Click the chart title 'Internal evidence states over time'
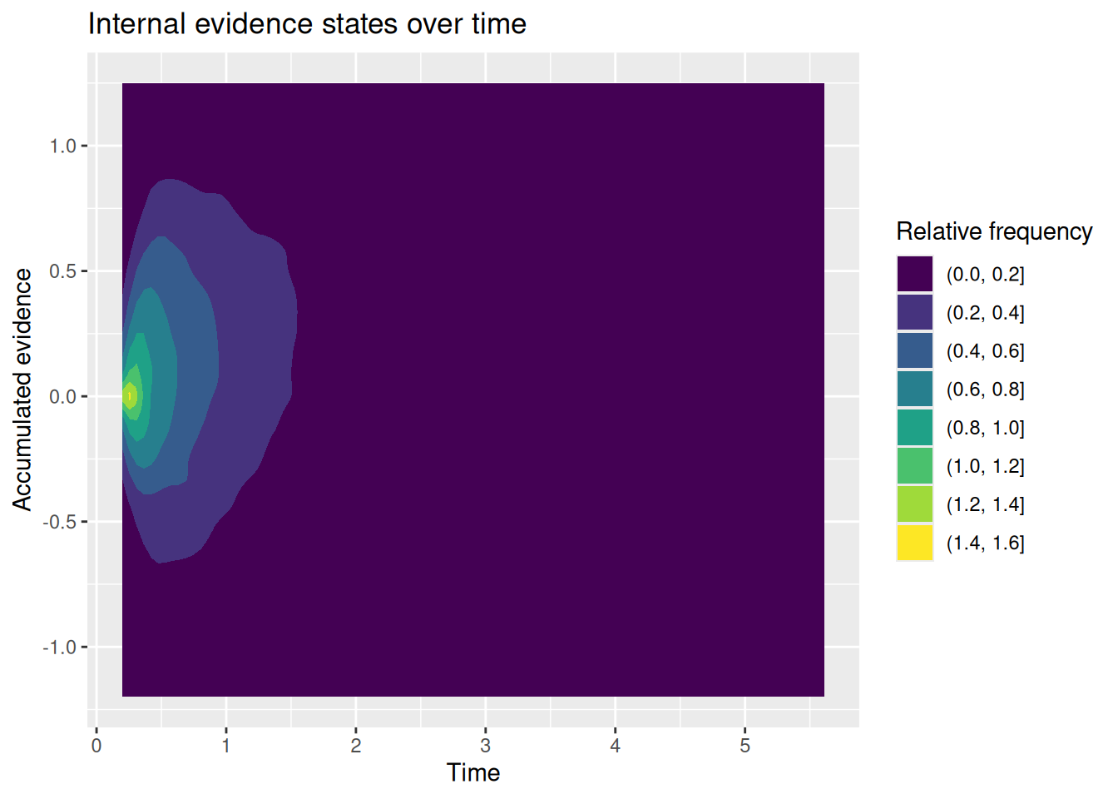click(x=307, y=24)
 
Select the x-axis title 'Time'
click(x=473, y=772)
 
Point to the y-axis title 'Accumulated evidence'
click(x=22, y=390)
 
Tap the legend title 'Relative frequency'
click(x=994, y=231)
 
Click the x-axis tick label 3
click(x=485, y=746)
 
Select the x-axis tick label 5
click(x=745, y=746)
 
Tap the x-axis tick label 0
click(x=96, y=746)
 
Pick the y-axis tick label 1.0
click(x=62, y=146)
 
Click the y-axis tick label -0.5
click(x=59, y=523)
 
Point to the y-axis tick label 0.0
click(x=62, y=397)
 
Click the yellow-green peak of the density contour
click(x=130, y=396)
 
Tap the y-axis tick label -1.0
click(x=59, y=648)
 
